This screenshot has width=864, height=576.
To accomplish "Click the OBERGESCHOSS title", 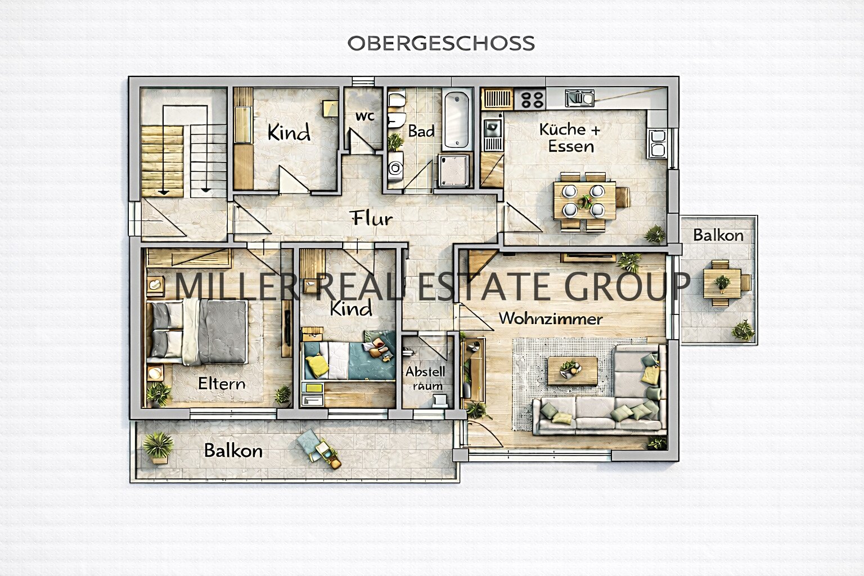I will click(440, 43).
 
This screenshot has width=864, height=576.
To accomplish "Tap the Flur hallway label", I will click(372, 218).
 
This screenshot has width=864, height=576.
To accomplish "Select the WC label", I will click(364, 116).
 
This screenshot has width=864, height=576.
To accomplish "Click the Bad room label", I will click(421, 132).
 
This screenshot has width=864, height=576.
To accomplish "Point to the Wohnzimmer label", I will click(550, 319).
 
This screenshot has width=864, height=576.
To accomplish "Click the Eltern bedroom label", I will click(222, 384).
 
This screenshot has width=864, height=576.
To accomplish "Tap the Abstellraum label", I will click(425, 378).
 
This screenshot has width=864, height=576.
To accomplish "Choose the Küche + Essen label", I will click(570, 138).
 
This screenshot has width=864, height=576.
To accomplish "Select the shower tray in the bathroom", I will click(454, 170).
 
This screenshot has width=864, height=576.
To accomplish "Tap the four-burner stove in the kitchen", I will click(532, 100).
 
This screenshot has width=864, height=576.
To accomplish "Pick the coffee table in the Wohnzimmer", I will click(573, 370).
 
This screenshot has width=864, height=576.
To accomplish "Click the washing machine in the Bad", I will click(395, 168).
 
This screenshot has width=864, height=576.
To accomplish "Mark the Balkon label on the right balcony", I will click(718, 235).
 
